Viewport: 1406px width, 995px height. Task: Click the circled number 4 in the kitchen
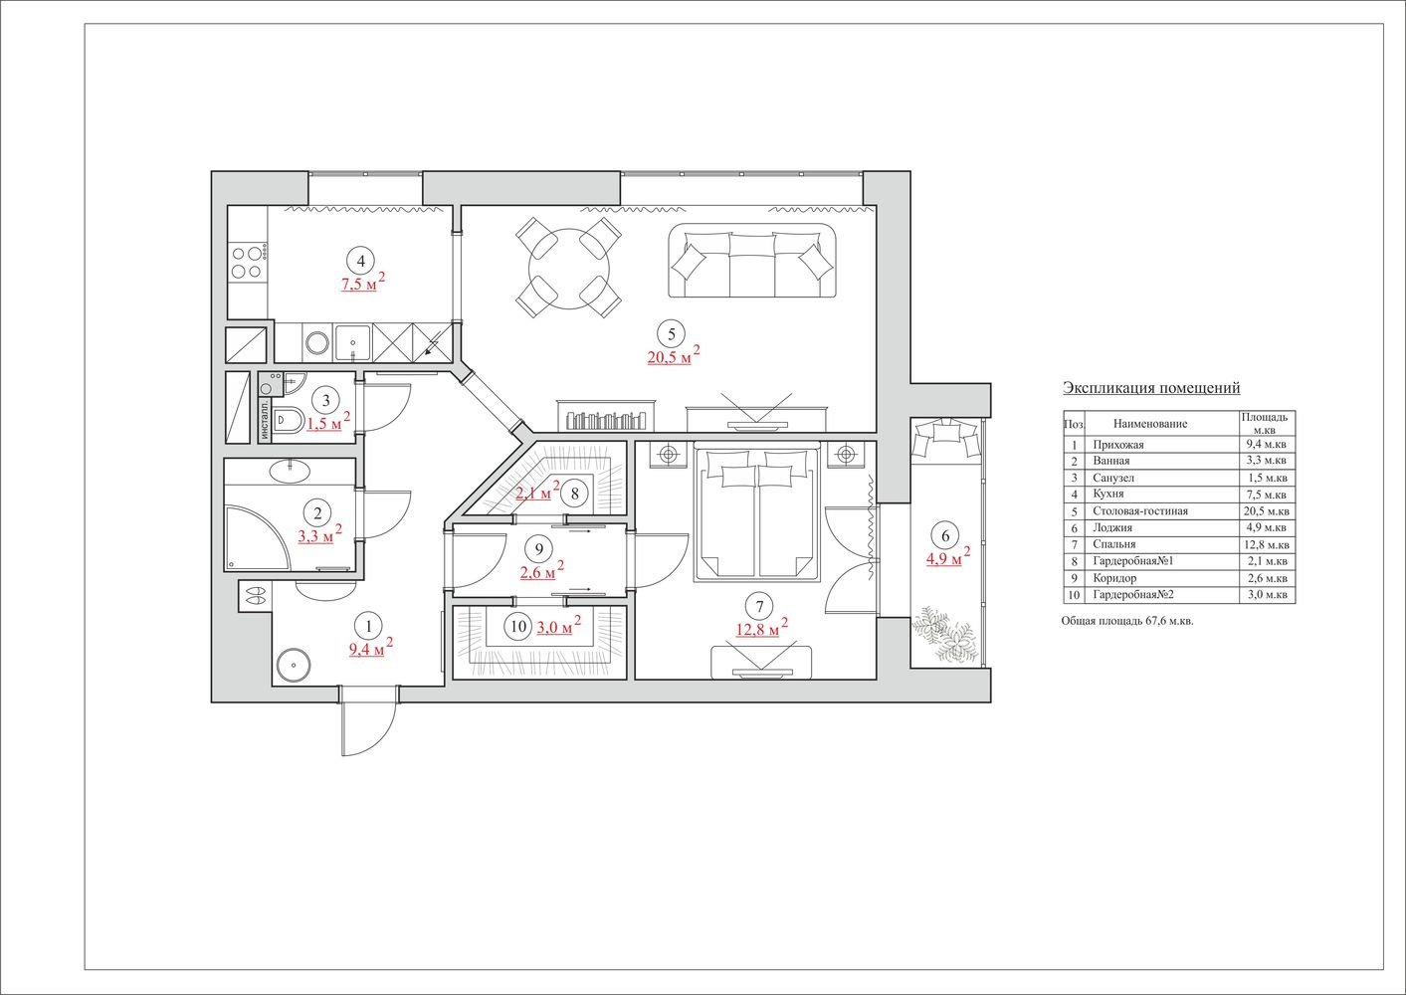360,260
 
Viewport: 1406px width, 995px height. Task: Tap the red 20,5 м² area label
674,355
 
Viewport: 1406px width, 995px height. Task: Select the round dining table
569,269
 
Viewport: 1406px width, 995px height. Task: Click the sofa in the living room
752,260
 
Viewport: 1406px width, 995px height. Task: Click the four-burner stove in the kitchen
247,263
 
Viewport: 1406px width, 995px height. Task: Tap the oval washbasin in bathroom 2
289,471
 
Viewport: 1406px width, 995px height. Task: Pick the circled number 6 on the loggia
945,535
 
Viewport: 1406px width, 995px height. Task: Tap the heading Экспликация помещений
1151,388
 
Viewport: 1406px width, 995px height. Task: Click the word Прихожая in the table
1117,445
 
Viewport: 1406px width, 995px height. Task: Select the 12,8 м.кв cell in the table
1267,545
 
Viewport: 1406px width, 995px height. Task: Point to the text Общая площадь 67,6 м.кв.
1127,621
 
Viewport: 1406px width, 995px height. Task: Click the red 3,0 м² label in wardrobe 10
558,627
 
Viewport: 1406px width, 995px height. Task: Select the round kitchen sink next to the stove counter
317,342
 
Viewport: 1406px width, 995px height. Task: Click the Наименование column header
1150,424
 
